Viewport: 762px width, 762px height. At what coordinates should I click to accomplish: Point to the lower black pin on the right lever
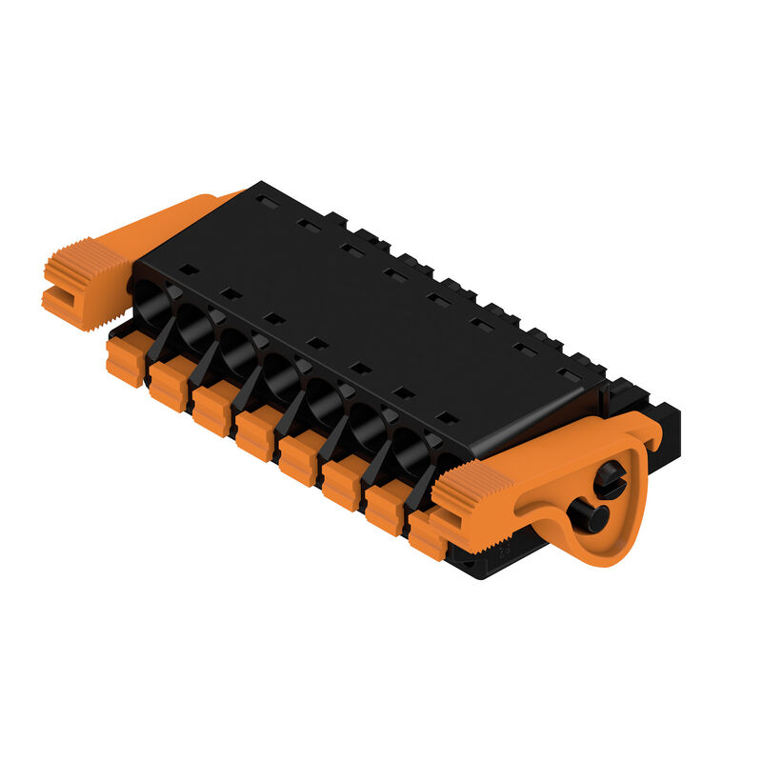coord(588,516)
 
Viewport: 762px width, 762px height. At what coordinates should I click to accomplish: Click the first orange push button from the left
coord(125,360)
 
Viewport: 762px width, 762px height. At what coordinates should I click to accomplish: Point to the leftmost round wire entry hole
coord(151,304)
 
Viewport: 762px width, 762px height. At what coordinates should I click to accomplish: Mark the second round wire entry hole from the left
coord(194,328)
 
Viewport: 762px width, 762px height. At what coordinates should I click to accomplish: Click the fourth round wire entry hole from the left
coord(282,376)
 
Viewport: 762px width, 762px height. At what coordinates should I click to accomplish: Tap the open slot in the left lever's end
coord(63,302)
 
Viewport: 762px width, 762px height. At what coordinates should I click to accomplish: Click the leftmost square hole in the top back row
coord(268,202)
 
